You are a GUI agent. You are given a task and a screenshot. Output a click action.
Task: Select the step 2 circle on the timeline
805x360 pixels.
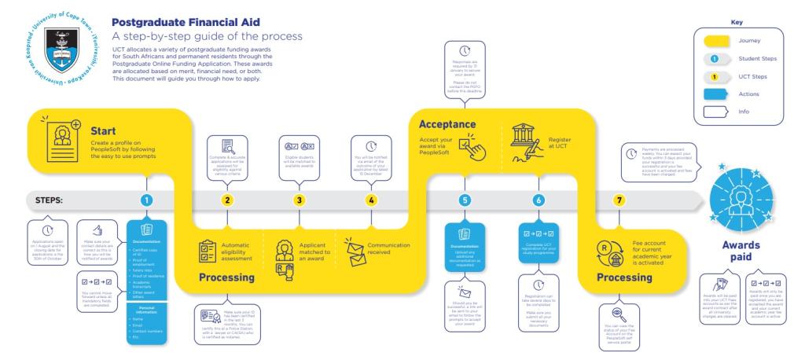pos(227,200)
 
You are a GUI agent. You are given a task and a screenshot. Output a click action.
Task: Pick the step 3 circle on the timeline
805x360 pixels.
pos(300,200)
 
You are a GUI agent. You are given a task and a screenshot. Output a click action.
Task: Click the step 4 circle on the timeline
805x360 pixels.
pos(371,200)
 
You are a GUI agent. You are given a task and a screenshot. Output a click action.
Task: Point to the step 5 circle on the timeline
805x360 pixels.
pos(465,200)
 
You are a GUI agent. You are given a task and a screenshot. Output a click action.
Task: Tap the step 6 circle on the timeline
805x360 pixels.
pos(539,200)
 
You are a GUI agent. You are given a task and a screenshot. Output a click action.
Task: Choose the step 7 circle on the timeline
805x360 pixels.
pos(620,200)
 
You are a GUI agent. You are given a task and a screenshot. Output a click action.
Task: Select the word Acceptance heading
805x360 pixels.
pos(447,124)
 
